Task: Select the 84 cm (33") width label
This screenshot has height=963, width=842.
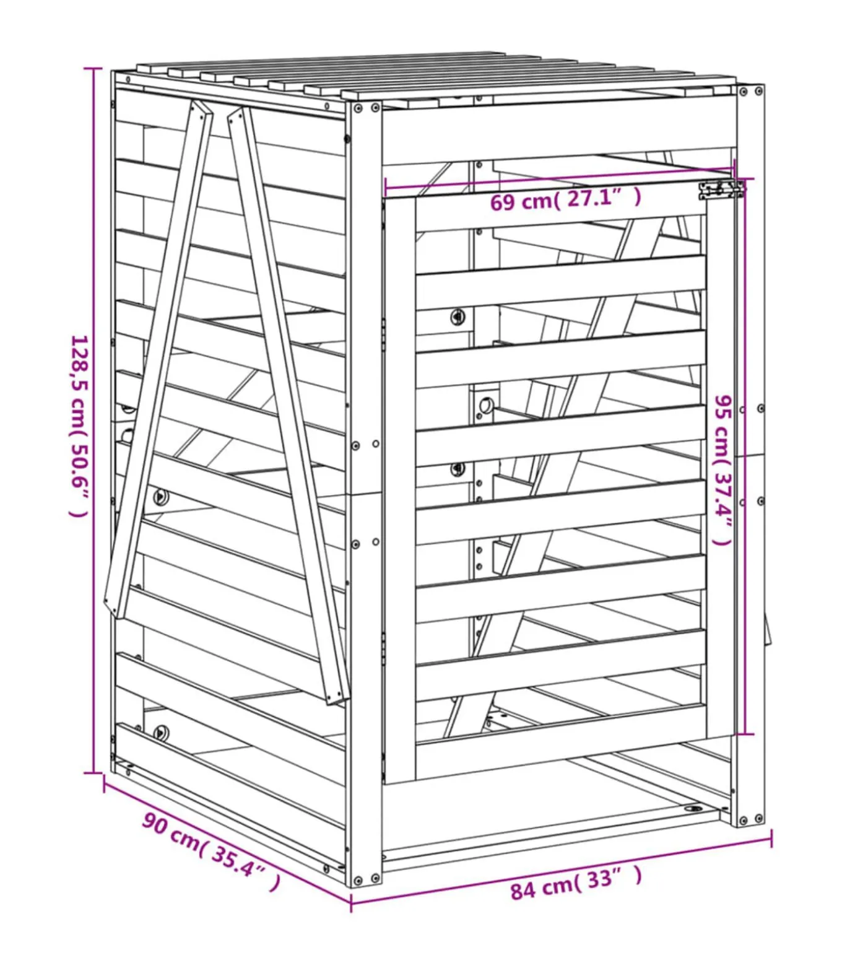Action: coord(575,882)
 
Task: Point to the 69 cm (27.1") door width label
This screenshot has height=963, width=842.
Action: coord(565,199)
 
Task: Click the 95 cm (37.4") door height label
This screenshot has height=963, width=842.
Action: coord(723,470)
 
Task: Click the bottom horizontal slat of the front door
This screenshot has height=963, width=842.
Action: coord(560,725)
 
